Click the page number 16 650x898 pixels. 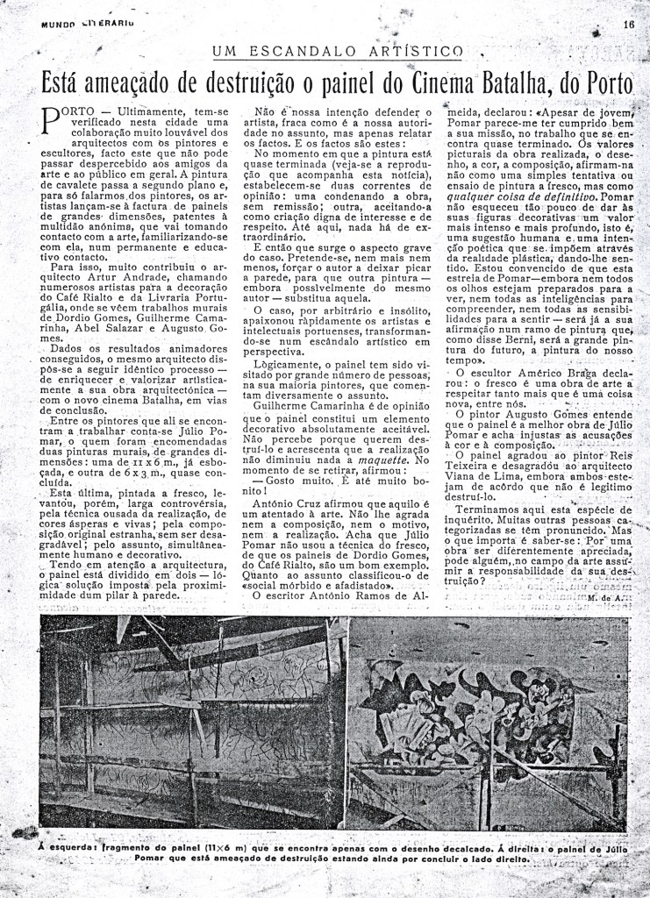click(629, 25)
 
